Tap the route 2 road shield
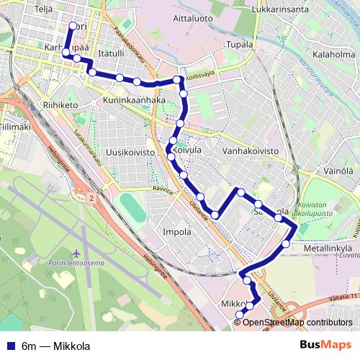click(x=92, y=197)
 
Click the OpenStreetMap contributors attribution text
click(x=298, y=322)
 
